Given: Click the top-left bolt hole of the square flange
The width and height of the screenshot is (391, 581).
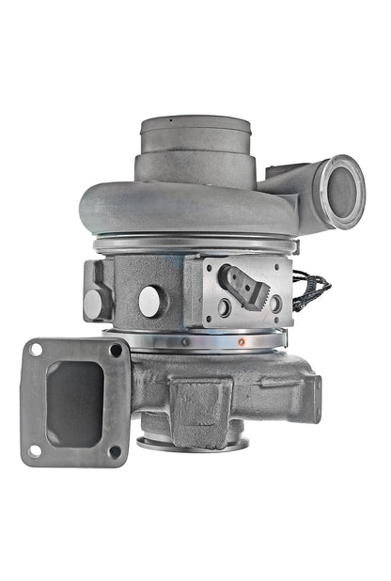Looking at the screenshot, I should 37,350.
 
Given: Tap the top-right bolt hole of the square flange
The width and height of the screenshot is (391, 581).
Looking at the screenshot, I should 116,350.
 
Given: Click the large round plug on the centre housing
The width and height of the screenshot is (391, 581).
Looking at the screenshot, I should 151,301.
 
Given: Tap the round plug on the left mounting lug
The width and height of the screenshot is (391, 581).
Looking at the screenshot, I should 95,303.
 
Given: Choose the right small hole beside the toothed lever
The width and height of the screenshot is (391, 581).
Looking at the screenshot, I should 274,303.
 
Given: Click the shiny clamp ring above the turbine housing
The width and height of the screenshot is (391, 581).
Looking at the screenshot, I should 188,340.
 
